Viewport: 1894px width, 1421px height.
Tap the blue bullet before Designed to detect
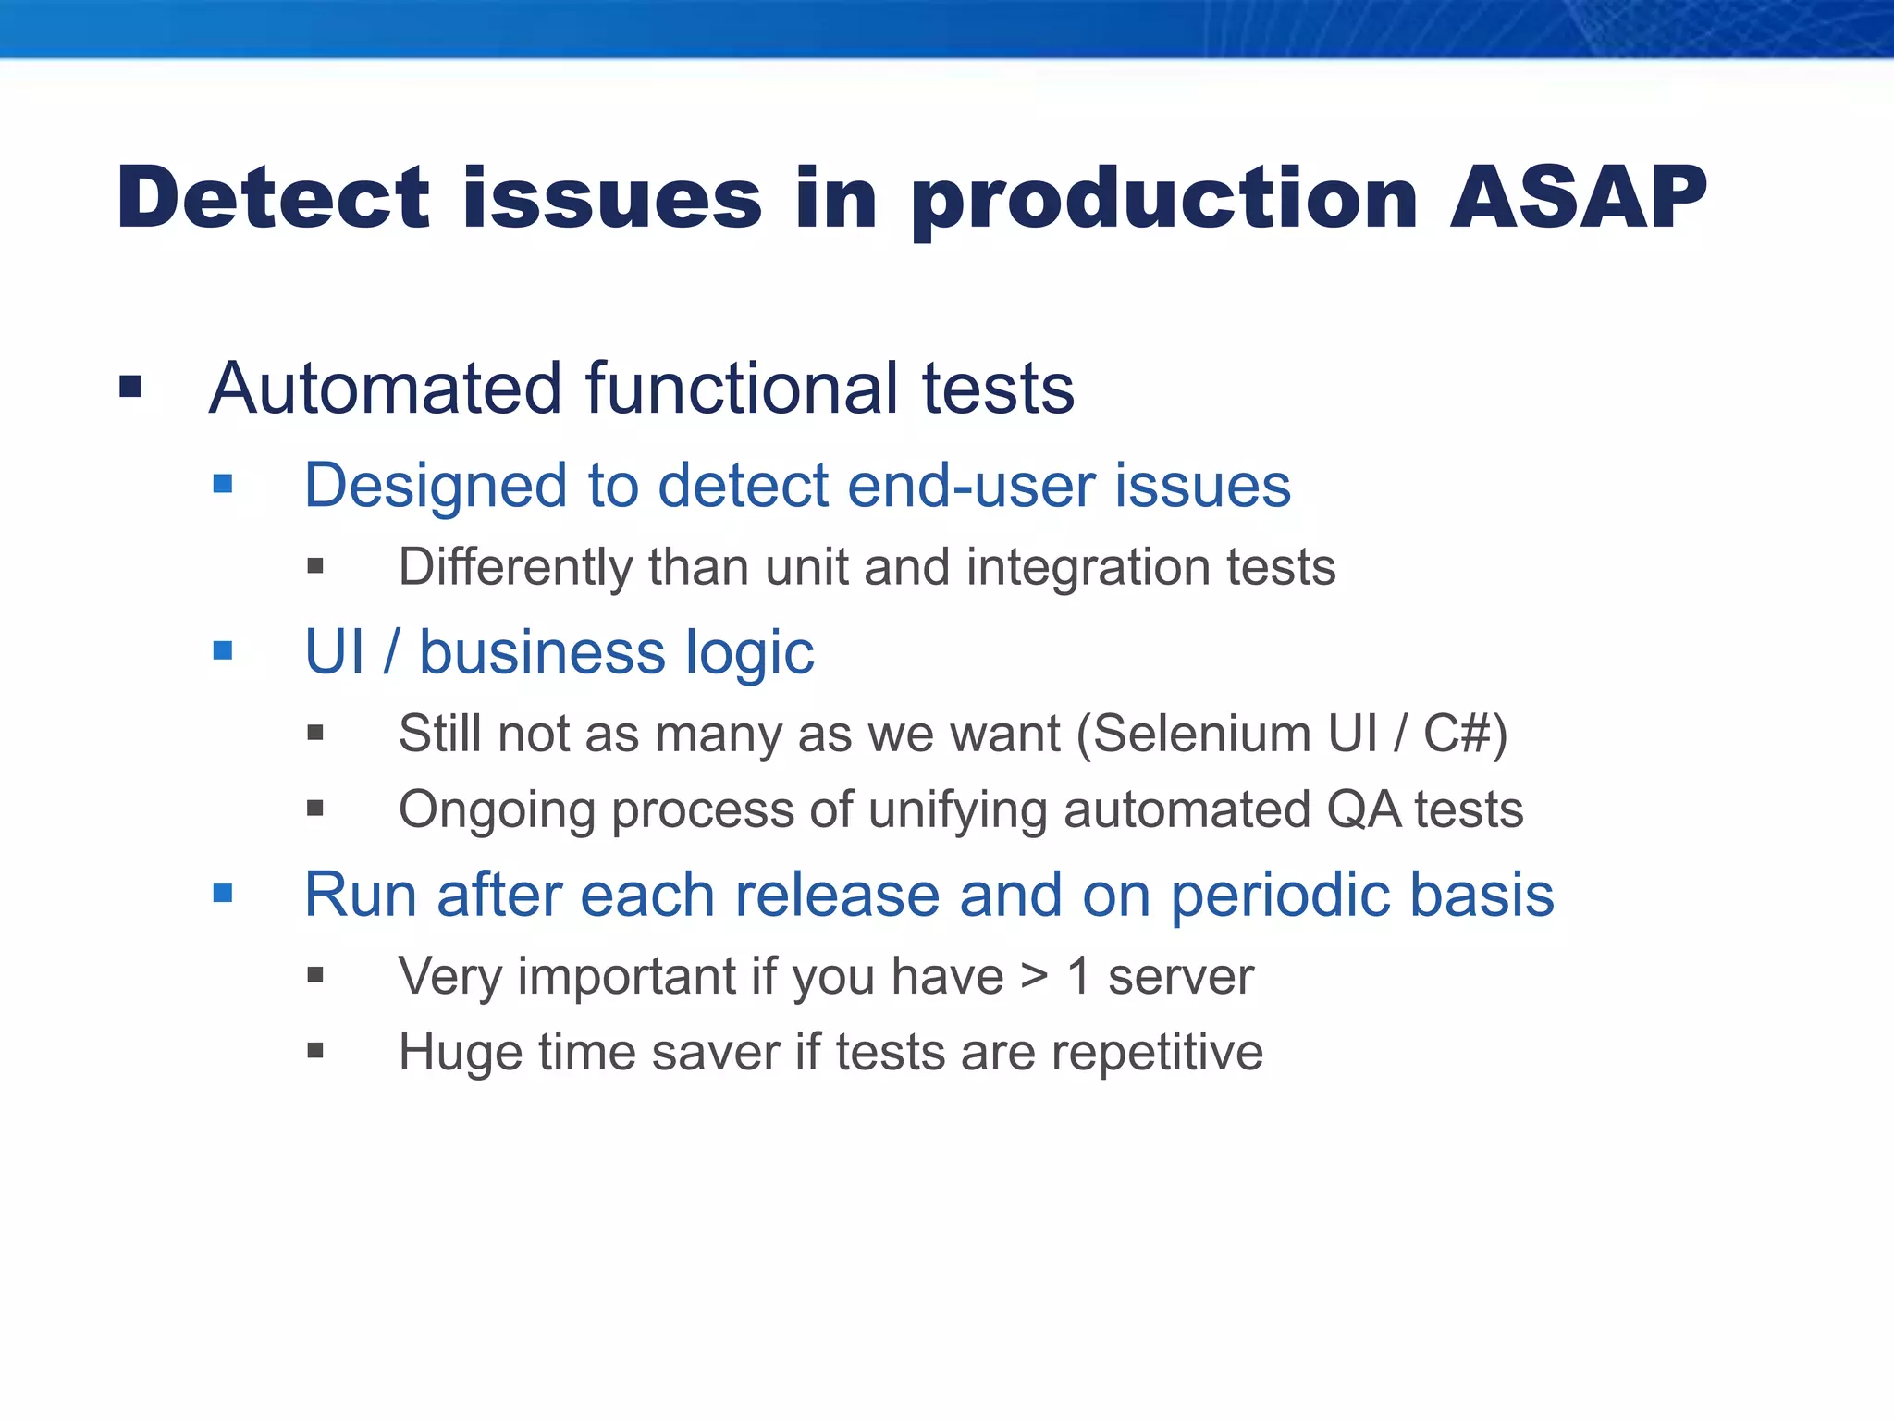click(x=222, y=483)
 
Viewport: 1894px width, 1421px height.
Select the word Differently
click(x=514, y=567)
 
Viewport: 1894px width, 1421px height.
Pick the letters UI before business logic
click(x=334, y=651)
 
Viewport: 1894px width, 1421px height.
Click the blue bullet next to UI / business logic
click(x=222, y=650)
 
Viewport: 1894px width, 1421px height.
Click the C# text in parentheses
click(x=1457, y=734)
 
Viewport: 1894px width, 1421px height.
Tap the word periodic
click(x=1280, y=896)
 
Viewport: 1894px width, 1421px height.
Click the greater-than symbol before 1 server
click(x=1035, y=977)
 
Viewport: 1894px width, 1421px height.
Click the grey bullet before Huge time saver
click(x=315, y=1050)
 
